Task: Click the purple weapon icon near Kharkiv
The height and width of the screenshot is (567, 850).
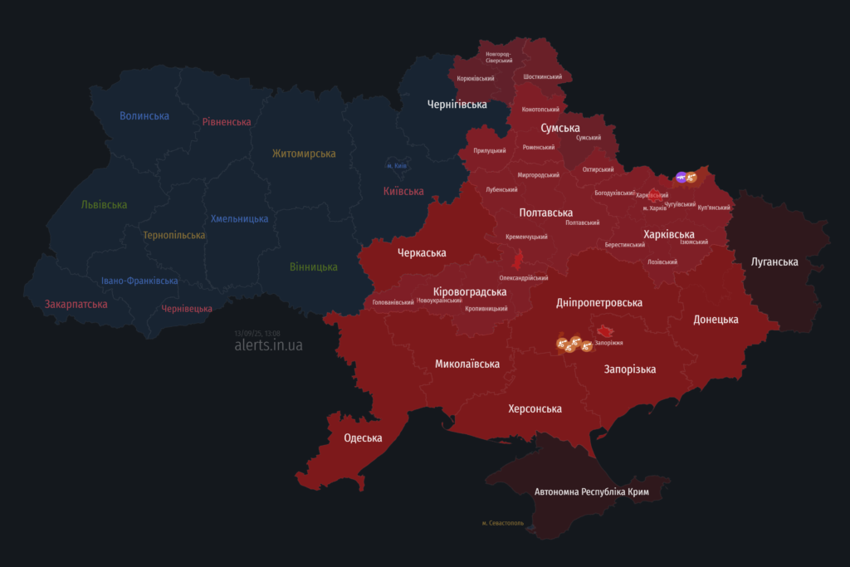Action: (681, 177)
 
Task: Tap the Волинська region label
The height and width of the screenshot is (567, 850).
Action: (144, 116)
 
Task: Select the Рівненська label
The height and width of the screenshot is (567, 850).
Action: (227, 122)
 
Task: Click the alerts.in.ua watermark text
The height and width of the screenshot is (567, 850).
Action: (269, 345)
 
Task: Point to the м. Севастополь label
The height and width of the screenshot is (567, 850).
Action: (503, 524)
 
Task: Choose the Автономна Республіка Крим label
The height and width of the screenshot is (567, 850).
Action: (592, 492)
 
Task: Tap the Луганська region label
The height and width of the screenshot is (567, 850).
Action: (774, 262)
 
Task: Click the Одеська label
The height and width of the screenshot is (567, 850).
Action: (363, 438)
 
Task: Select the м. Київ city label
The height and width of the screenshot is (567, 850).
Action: (397, 166)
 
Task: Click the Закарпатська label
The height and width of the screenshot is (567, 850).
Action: (76, 305)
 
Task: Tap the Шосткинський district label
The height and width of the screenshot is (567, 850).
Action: (543, 76)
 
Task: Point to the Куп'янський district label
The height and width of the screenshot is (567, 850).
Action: (714, 208)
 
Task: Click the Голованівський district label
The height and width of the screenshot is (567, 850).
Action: (393, 302)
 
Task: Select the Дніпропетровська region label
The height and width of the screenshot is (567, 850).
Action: (599, 304)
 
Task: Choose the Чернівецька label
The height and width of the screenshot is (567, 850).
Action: (187, 309)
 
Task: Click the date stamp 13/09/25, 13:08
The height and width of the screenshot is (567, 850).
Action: (257, 333)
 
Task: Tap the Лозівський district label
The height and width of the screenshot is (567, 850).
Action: (662, 262)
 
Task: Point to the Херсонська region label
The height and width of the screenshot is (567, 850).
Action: (535, 409)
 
